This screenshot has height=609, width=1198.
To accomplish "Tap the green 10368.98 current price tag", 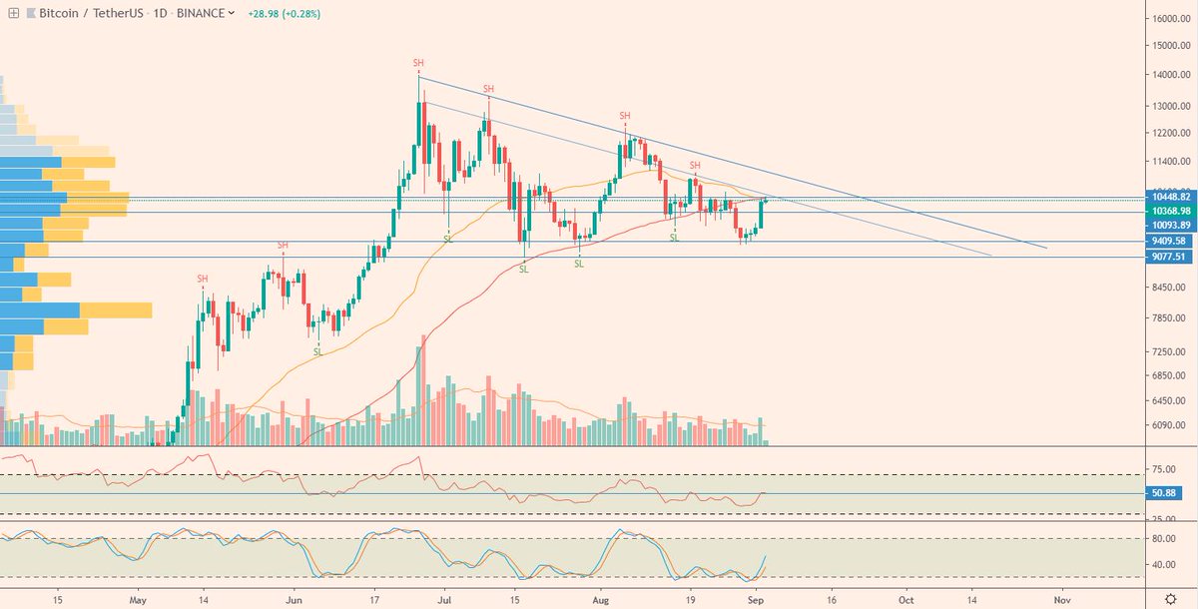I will coord(1167,211).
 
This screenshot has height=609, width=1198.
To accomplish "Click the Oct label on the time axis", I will coord(905,600).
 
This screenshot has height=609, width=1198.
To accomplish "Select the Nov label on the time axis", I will coord(1062,600).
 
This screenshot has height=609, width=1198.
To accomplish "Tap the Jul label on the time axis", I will coord(444,600).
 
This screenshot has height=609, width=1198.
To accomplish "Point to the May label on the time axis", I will coord(138,600).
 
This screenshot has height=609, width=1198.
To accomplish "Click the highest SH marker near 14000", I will coord(418,63).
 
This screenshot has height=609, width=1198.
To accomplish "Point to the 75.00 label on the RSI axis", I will coord(1161,467).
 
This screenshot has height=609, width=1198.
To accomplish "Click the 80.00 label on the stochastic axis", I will coord(1161,538).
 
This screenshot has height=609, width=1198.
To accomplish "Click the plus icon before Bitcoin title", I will coord(13,13).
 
